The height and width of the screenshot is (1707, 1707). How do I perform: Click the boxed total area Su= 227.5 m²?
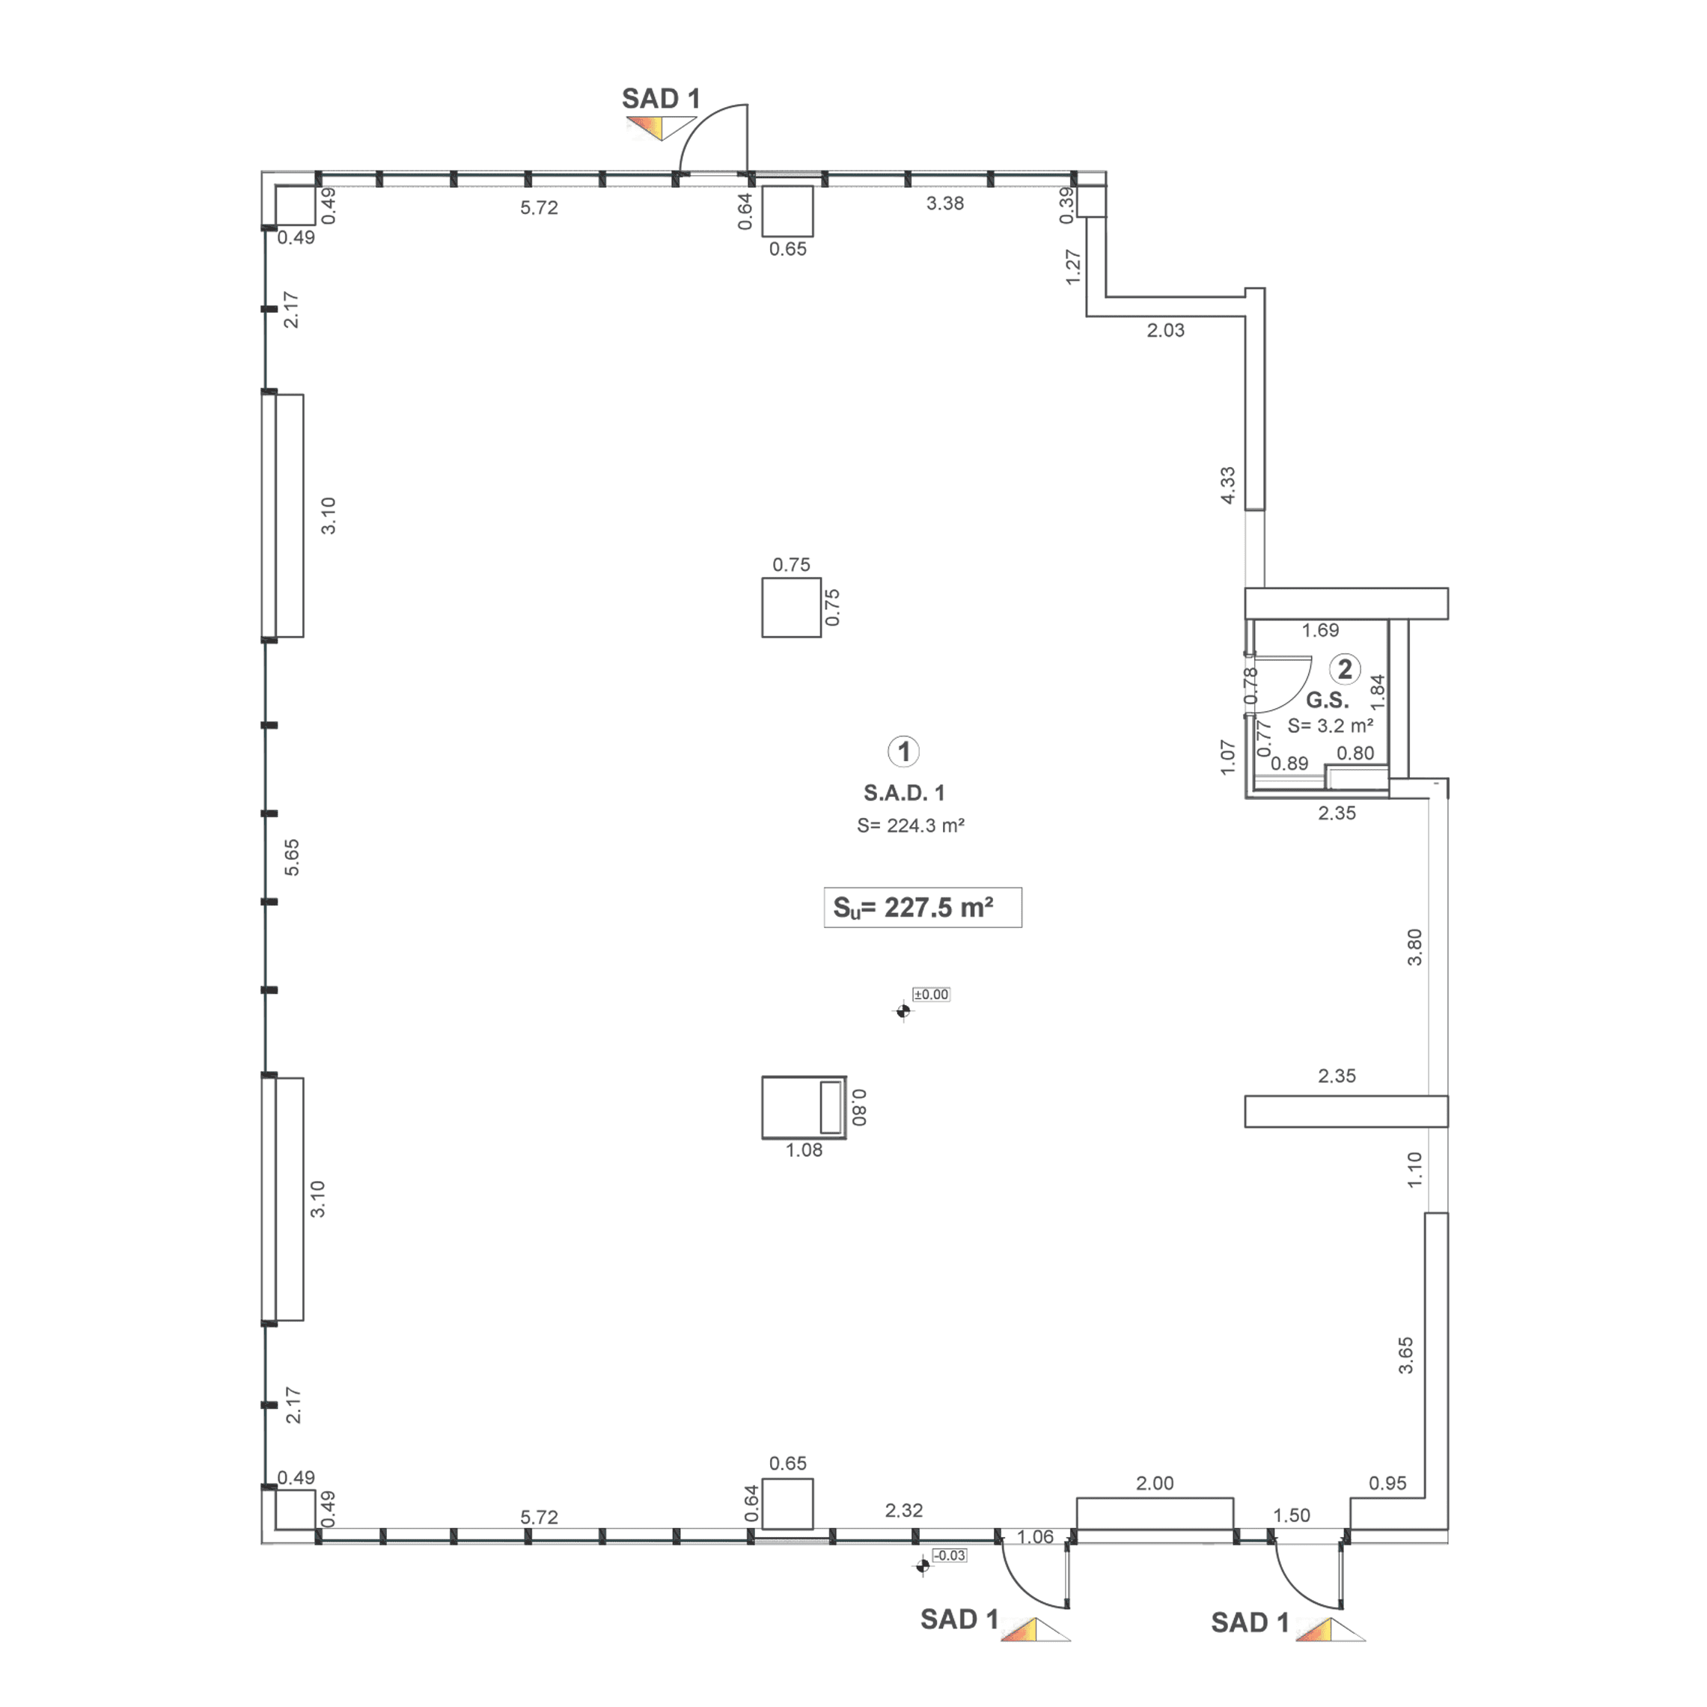pyautogui.click(x=923, y=908)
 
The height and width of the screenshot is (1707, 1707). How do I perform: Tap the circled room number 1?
pyautogui.click(x=903, y=752)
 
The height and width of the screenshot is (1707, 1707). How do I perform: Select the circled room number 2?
pyautogui.click(x=1345, y=670)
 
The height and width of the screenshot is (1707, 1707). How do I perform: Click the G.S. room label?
pyautogui.click(x=1327, y=700)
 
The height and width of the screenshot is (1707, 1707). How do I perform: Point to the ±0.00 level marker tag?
pyautogui.click(x=931, y=995)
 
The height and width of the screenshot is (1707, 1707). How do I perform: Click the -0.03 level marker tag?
pyautogui.click(x=950, y=1580)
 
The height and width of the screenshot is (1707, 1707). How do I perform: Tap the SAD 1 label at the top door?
pyautogui.click(x=661, y=99)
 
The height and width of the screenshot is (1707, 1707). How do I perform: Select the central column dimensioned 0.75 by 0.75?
pyautogui.click(x=791, y=607)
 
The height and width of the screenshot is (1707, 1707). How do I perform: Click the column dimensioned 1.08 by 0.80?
pyautogui.click(x=803, y=1107)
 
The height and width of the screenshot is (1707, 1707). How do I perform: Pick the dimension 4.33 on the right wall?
pyautogui.click(x=1228, y=485)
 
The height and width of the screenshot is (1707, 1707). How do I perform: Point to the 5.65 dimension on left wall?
pyautogui.click(x=292, y=857)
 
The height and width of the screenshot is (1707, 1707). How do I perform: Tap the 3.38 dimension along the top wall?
pyautogui.click(x=944, y=204)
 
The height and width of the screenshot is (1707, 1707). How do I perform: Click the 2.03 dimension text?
pyautogui.click(x=1165, y=331)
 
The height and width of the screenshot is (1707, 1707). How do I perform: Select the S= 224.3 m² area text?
pyautogui.click(x=910, y=825)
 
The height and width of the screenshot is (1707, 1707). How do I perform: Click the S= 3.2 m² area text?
pyautogui.click(x=1330, y=726)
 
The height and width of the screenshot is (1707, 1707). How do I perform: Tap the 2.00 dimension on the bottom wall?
pyautogui.click(x=1154, y=1483)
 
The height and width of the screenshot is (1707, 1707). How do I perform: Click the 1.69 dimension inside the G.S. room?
pyautogui.click(x=1320, y=630)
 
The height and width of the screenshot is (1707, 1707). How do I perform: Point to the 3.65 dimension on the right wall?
pyautogui.click(x=1405, y=1355)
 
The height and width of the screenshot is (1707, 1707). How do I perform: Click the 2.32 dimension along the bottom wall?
pyautogui.click(x=903, y=1511)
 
